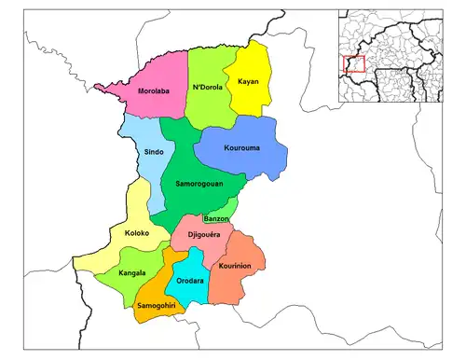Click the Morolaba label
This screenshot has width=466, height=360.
click(153, 91)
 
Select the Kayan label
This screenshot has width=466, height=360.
click(248, 81)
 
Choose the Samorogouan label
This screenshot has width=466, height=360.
click(199, 185)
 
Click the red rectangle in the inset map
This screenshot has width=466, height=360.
click(353, 65)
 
